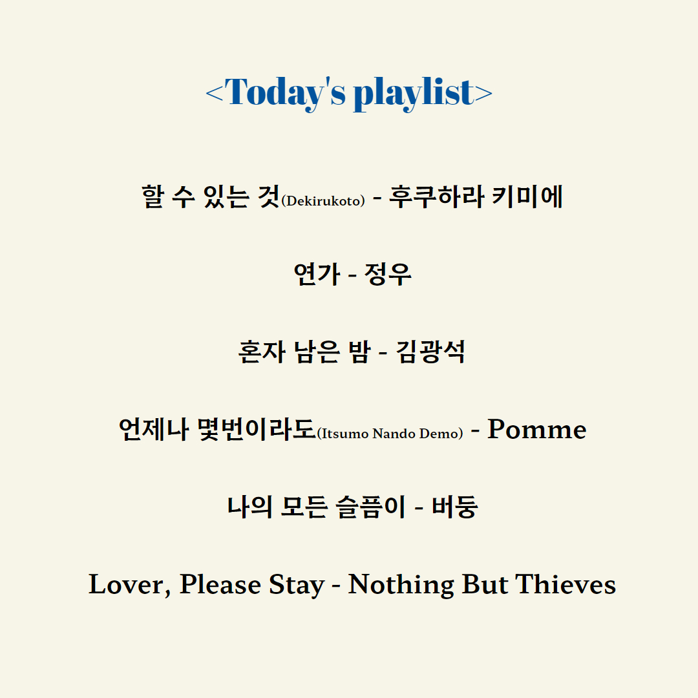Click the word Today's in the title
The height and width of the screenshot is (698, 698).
click(285, 92)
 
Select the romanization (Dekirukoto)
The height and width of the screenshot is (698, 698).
click(323, 201)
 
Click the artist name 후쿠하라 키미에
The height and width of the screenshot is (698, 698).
click(476, 196)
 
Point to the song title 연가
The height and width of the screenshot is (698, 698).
click(317, 274)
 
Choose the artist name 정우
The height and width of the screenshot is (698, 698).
click(388, 274)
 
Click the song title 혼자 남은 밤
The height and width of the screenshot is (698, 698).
click(304, 352)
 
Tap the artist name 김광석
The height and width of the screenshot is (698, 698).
click(430, 352)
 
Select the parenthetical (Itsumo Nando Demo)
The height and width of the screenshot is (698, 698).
click(390, 433)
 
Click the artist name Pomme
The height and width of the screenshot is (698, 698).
click(537, 430)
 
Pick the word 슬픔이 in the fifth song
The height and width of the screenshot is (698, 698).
click(370, 507)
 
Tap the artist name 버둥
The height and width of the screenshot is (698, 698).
click(455, 507)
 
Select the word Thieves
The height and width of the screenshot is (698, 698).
click(566, 584)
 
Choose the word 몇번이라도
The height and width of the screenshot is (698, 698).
click(257, 429)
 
